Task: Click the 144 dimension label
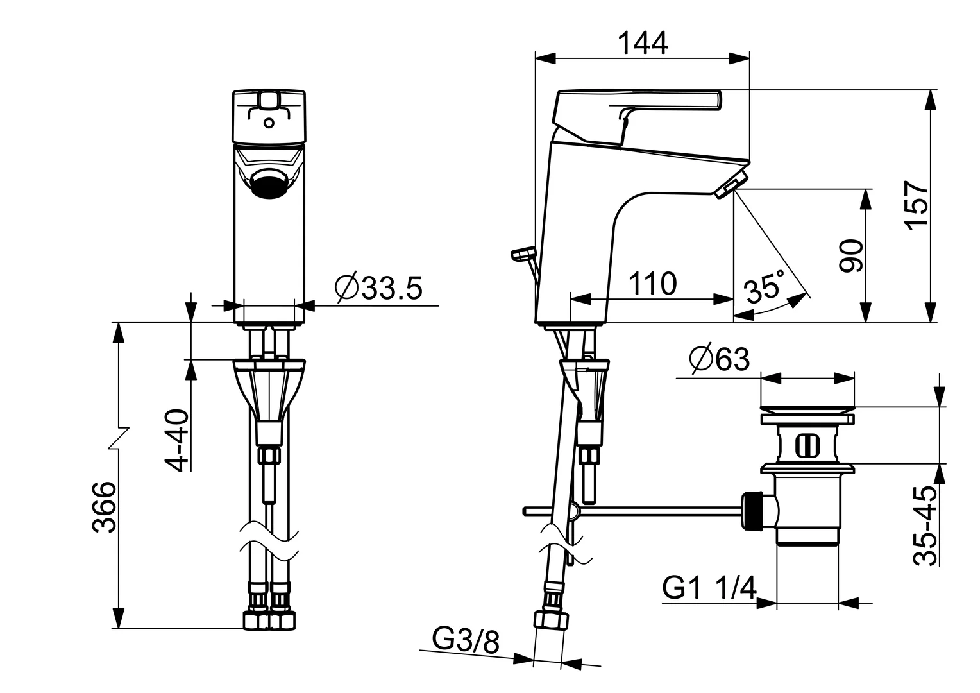[642, 43]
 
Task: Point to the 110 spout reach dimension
[652, 283]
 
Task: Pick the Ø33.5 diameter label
[378, 288]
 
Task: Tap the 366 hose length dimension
[103, 506]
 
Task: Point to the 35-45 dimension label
[924, 525]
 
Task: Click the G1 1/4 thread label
[709, 587]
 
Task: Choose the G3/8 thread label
[466, 640]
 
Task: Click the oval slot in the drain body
[807, 444]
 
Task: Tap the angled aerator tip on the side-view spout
[732, 184]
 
